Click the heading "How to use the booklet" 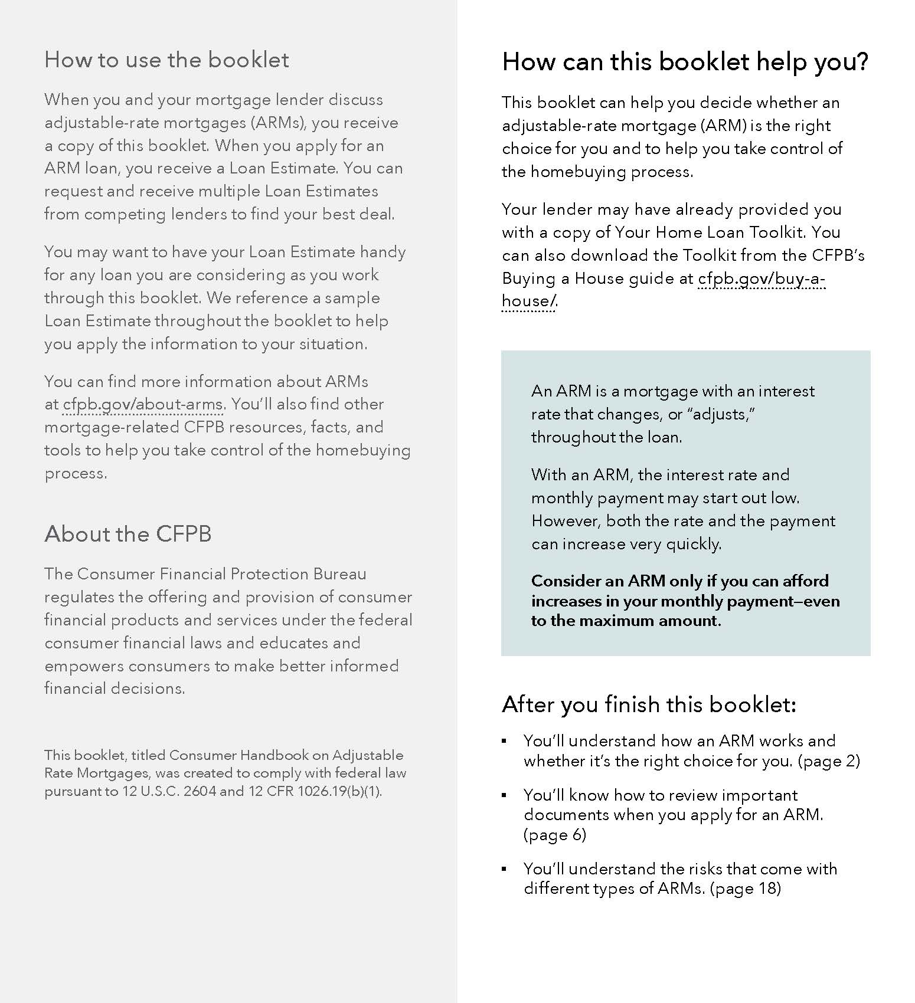click(x=166, y=60)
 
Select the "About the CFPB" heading click(x=128, y=534)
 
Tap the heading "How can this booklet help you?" click(x=685, y=62)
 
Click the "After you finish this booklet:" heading click(x=649, y=704)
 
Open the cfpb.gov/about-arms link click(x=142, y=405)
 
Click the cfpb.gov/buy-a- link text click(x=762, y=278)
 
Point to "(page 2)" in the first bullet click(x=829, y=761)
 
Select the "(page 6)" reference click(x=554, y=835)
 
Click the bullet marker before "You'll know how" click(x=504, y=795)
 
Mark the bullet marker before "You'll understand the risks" click(x=504, y=869)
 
